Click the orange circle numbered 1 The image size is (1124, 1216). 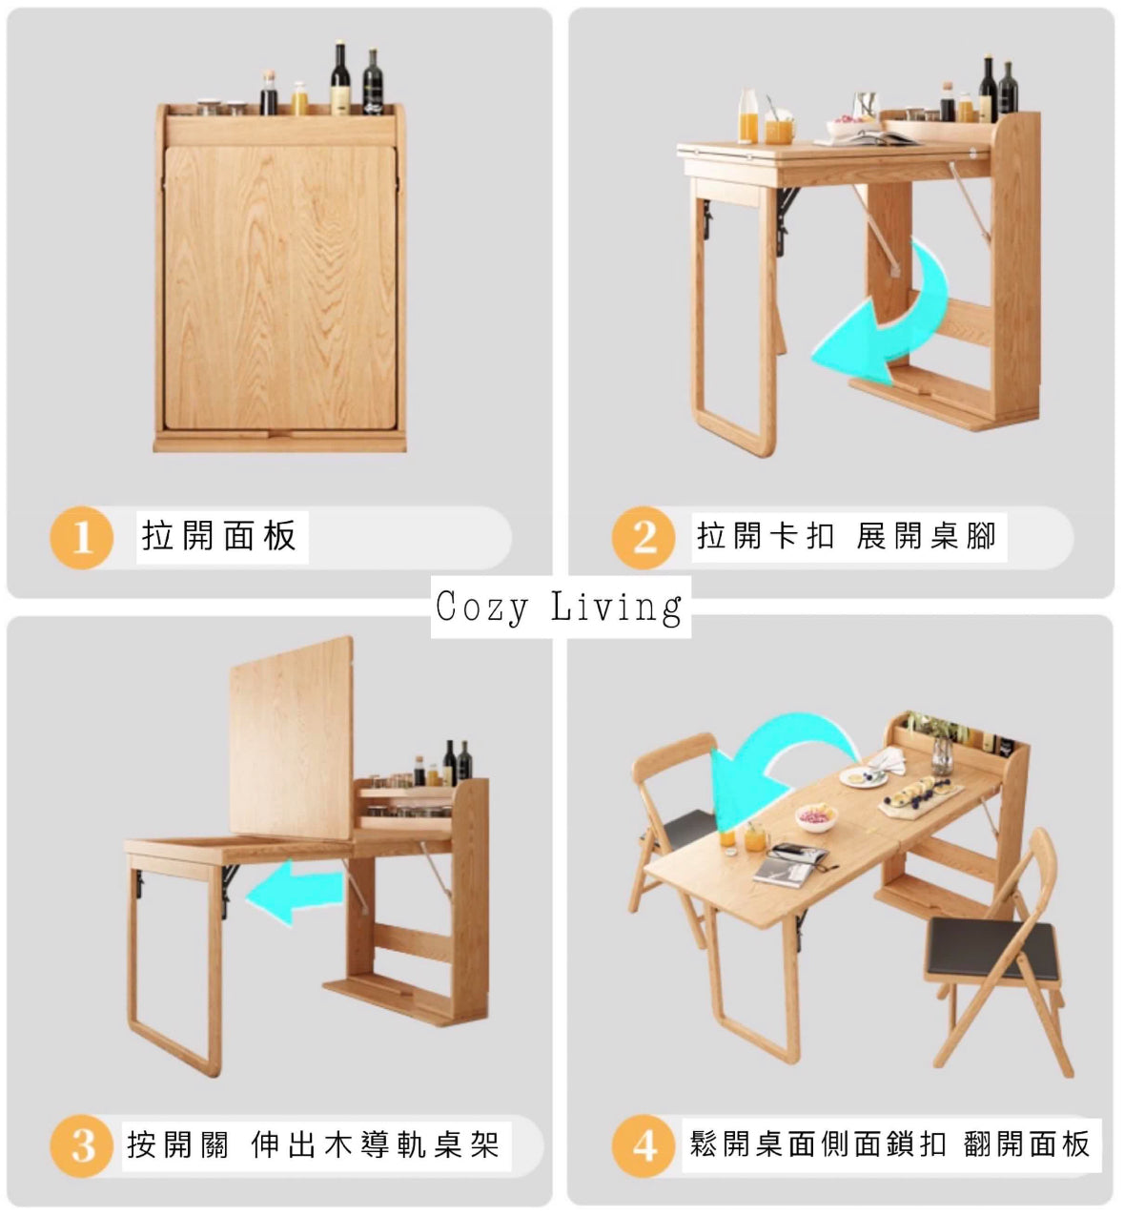[x=81, y=538]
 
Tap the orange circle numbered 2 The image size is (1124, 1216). [x=644, y=538]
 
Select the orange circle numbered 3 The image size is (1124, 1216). [x=81, y=1146]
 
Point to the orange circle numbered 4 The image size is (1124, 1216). [x=644, y=1146]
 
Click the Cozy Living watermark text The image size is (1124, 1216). [x=560, y=607]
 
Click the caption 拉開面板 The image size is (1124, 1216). [x=219, y=536]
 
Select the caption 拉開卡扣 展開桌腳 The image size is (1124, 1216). [x=848, y=536]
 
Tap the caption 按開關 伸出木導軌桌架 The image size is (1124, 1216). [x=314, y=1145]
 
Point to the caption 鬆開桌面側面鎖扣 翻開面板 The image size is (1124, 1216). [x=890, y=1144]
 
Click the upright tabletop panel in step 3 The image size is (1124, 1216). [x=292, y=738]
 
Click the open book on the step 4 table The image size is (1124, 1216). [x=789, y=863]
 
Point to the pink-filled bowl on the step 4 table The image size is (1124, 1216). [x=817, y=816]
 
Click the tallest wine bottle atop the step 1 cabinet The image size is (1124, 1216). [x=341, y=78]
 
